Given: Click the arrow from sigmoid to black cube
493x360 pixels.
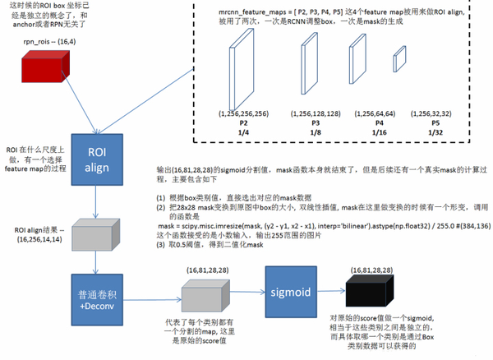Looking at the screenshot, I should point(334,292).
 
